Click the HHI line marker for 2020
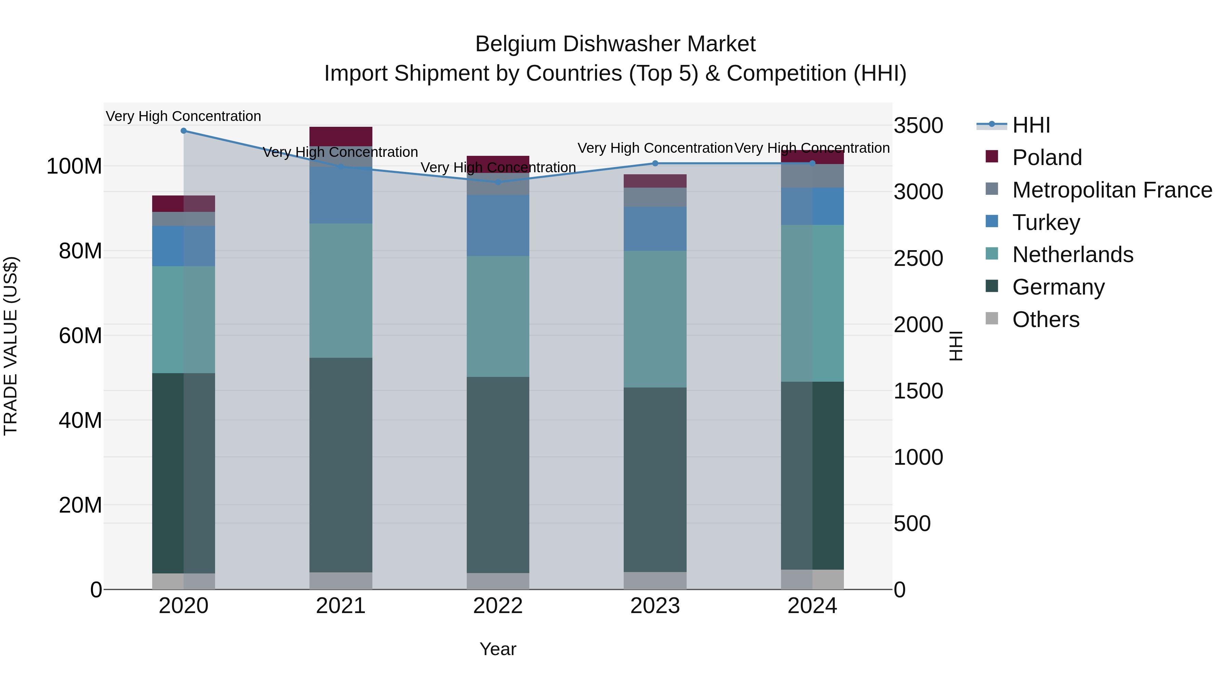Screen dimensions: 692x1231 click(184, 131)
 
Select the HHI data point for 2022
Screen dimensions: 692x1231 click(498, 182)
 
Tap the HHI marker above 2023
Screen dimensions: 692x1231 click(655, 163)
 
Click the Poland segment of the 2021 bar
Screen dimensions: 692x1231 click(341, 136)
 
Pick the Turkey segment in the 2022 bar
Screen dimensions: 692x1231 click(498, 226)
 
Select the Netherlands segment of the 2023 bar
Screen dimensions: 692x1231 click(655, 319)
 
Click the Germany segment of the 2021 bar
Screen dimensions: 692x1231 click(341, 465)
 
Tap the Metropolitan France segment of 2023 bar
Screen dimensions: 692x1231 click(655, 197)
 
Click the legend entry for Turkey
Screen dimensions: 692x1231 click(1046, 222)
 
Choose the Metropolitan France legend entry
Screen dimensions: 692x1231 click(1112, 190)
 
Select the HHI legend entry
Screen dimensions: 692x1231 click(1031, 125)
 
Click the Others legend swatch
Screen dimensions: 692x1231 click(992, 318)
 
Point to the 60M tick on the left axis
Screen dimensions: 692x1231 click(80, 336)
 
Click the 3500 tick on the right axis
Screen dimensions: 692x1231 click(918, 126)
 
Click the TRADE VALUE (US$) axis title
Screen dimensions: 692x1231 click(11, 346)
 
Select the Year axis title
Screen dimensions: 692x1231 click(498, 649)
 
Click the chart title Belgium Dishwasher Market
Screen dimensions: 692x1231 click(615, 44)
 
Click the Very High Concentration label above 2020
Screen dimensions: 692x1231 click(184, 116)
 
